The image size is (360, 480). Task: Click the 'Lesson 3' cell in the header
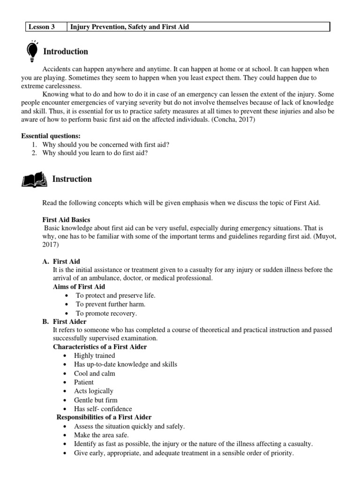click(42, 27)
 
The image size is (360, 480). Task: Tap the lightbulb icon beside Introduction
click(33, 52)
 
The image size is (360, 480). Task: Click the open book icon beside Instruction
click(34, 179)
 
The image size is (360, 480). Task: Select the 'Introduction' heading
click(65, 52)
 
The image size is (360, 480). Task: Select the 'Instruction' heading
click(72, 179)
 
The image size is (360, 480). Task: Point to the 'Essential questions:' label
click(51, 136)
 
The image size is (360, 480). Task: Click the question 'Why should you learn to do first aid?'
click(95, 153)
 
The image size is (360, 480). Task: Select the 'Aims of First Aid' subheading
click(79, 286)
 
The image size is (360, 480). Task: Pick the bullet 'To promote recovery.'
click(106, 313)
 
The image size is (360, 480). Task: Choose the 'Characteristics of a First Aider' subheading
click(100, 347)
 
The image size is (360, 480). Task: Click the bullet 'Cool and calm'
click(94, 374)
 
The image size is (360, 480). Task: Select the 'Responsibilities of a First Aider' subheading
click(104, 417)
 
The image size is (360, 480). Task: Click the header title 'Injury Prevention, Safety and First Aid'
click(129, 27)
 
